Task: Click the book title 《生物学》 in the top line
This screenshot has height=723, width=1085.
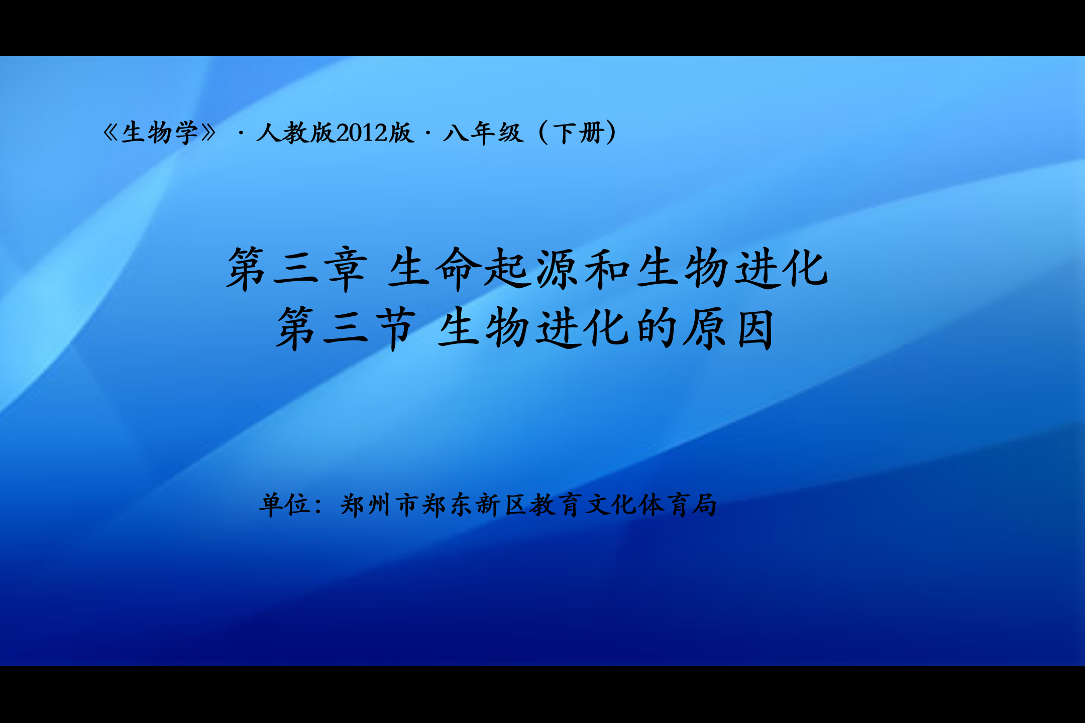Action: pyautogui.click(x=160, y=133)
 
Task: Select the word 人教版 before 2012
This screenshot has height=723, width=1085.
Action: pyautogui.click(x=295, y=133)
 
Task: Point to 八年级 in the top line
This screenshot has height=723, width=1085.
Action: pyautogui.click(x=483, y=133)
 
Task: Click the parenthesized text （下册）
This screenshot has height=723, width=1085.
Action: pyautogui.click(x=577, y=133)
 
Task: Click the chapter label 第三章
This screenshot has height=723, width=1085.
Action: pyautogui.click(x=297, y=269)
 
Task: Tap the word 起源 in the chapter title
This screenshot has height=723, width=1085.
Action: pyautogui.click(x=532, y=269)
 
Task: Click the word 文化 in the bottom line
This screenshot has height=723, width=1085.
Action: pyautogui.click(x=611, y=505)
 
